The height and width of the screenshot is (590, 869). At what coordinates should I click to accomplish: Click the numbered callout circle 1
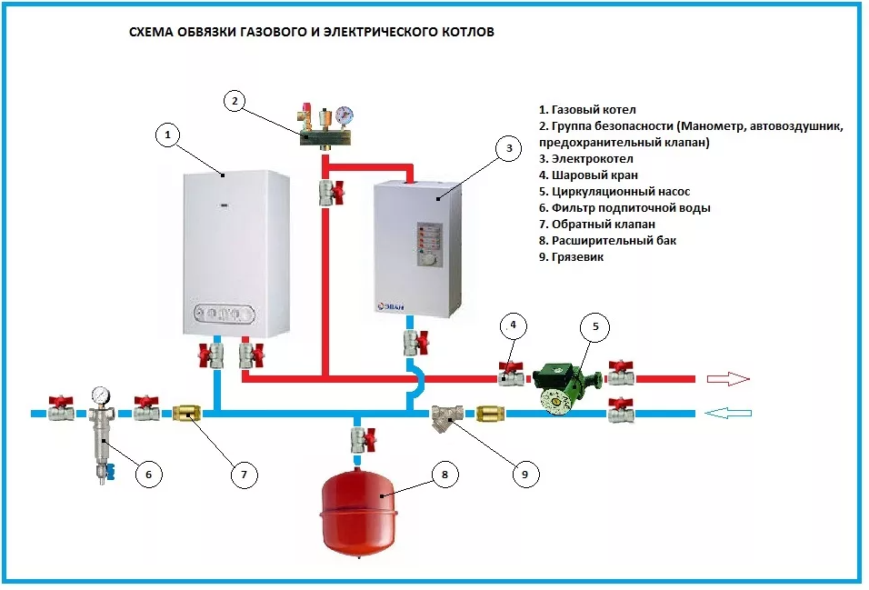point(165,135)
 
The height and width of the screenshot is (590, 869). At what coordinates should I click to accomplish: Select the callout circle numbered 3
point(509,148)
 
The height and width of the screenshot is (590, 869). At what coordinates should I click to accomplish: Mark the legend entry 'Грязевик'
point(574,257)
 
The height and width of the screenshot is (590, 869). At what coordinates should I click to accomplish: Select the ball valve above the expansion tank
point(361,439)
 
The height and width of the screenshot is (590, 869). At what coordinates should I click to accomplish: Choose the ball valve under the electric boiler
point(414,343)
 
